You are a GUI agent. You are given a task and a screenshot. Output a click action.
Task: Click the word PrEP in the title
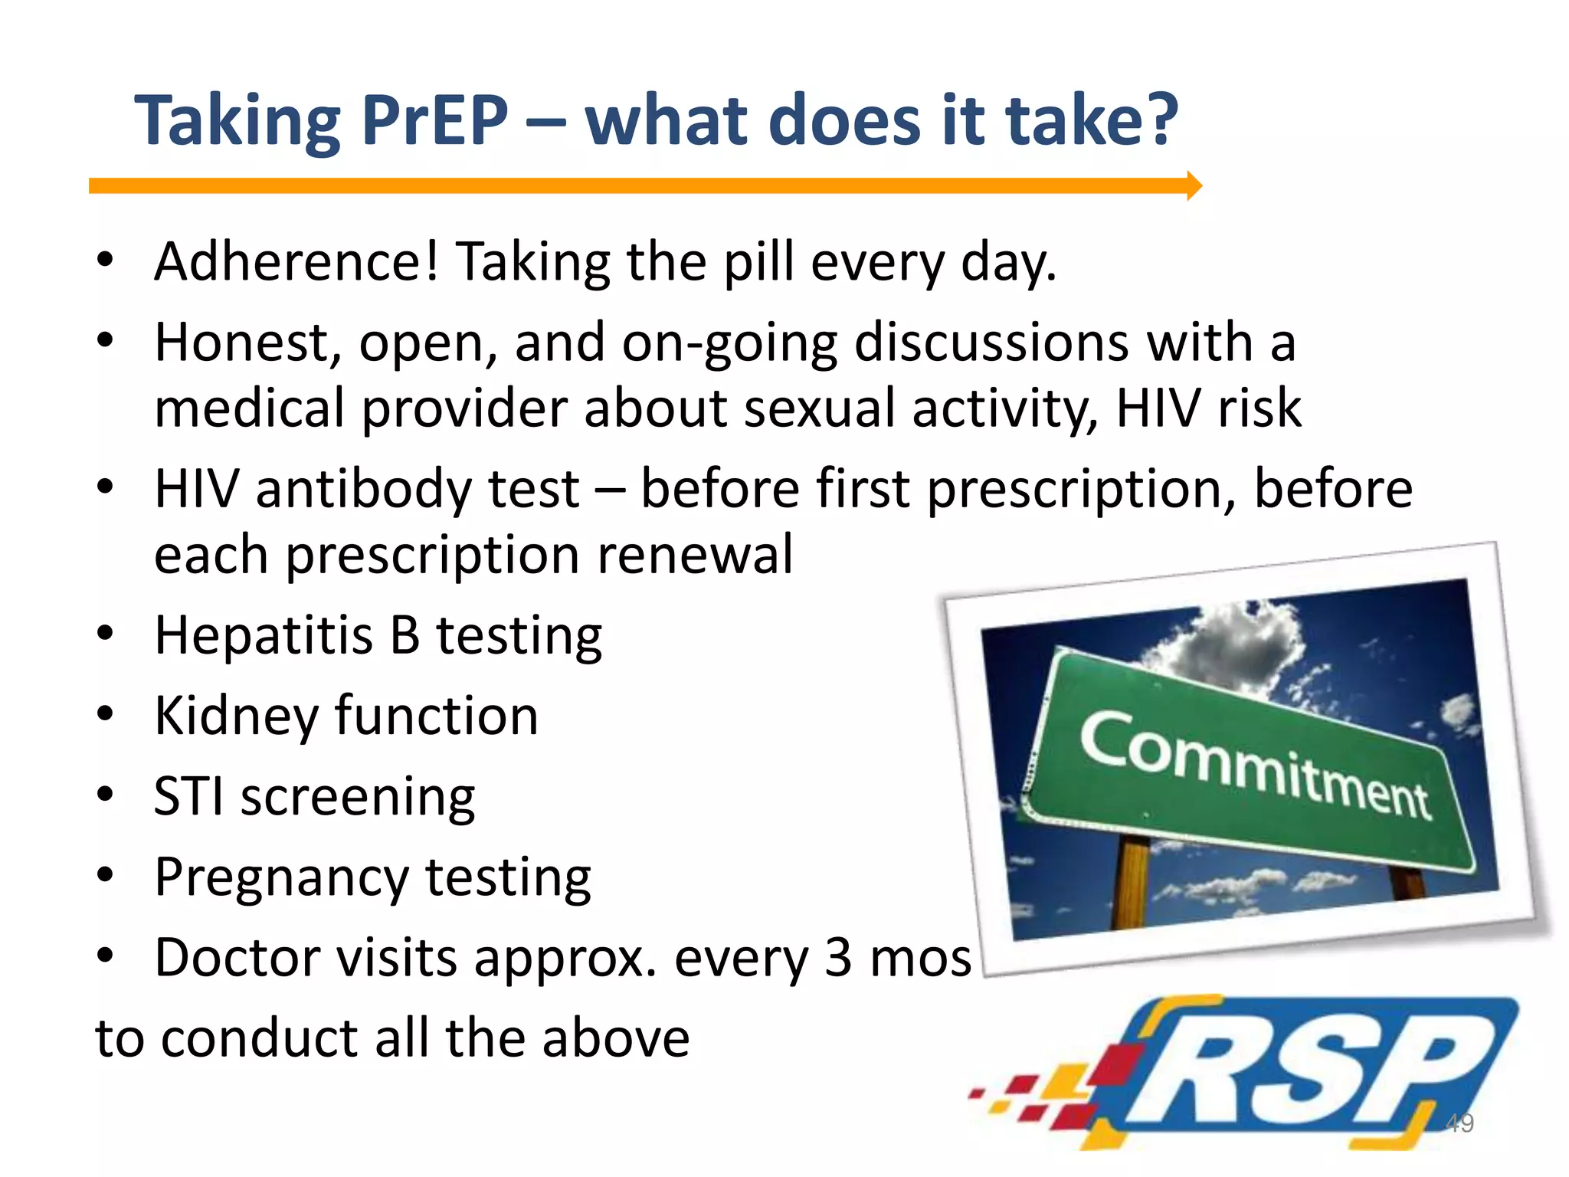point(434,121)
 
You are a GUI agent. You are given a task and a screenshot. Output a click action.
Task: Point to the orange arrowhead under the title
point(1194,185)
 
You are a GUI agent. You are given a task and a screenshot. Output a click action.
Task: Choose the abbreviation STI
point(188,797)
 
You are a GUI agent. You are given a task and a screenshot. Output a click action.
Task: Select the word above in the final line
point(616,1039)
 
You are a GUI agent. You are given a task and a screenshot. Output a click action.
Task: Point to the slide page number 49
point(1459,1123)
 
